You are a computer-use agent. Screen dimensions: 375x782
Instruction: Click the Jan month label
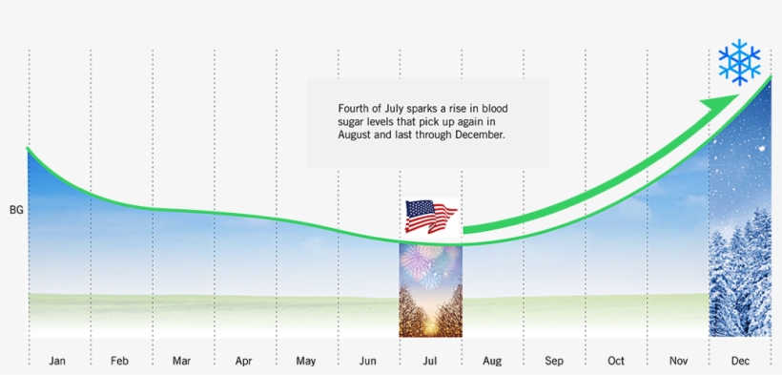(x=58, y=361)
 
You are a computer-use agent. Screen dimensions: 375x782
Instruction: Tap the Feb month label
(x=120, y=361)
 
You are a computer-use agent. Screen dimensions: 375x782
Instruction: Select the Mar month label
(x=182, y=361)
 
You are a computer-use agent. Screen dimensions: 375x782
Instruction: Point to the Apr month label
(x=244, y=361)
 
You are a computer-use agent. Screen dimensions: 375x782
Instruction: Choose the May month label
(x=306, y=361)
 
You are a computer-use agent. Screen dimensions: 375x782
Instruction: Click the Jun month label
(x=368, y=361)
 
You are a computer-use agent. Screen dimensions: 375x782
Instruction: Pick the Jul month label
(x=430, y=361)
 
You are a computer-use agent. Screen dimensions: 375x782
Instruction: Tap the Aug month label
(x=492, y=361)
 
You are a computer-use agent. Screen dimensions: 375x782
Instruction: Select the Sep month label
(x=554, y=361)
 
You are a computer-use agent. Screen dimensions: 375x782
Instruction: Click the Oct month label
(x=616, y=361)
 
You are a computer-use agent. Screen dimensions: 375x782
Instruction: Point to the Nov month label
(x=678, y=361)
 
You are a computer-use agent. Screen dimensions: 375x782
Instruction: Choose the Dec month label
(x=740, y=361)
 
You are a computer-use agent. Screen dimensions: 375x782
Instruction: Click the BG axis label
(x=16, y=209)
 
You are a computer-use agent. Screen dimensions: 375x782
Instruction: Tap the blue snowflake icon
(x=740, y=63)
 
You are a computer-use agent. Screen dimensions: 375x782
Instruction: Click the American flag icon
(x=430, y=217)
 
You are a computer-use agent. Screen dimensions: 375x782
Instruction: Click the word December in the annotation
(x=477, y=135)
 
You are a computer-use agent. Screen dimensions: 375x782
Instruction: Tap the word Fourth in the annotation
(x=355, y=109)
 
